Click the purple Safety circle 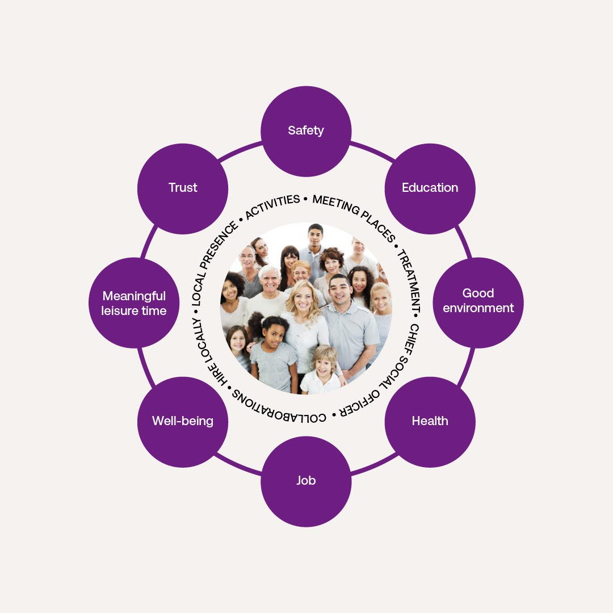(x=306, y=131)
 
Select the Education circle (x=430, y=188)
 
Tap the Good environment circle (x=478, y=301)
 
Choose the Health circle (x=430, y=422)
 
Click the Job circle (x=306, y=481)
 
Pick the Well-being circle (x=183, y=422)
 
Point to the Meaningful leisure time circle (x=135, y=303)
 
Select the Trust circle (x=183, y=188)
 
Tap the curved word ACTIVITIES (x=273, y=207)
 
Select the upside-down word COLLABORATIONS (x=279, y=407)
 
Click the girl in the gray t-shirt (x=274, y=355)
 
